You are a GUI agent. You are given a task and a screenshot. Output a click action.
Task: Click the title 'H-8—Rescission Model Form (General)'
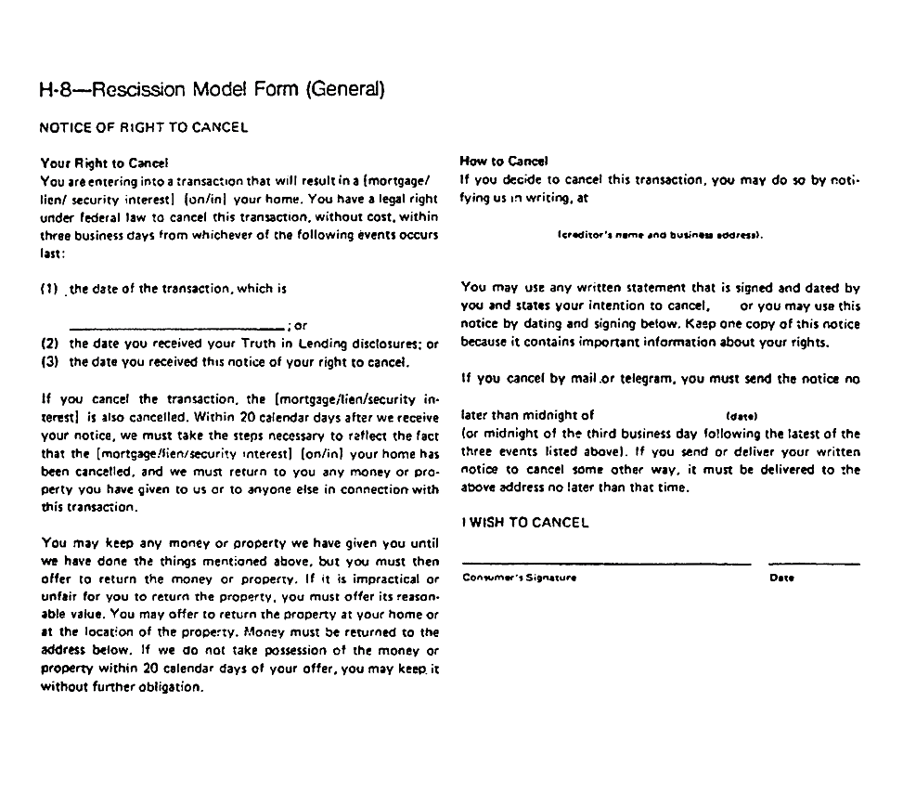(212, 90)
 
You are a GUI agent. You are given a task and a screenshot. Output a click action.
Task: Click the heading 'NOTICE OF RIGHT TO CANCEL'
(144, 127)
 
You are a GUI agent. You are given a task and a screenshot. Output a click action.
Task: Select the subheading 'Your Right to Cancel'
(104, 162)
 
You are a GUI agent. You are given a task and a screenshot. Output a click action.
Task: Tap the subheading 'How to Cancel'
(504, 161)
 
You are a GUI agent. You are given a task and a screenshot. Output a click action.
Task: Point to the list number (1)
(49, 289)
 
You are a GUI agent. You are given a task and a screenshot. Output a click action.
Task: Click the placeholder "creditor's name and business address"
(660, 235)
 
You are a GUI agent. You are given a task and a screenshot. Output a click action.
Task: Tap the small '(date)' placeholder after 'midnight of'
(741, 416)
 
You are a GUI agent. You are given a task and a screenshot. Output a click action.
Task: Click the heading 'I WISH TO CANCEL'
(524, 523)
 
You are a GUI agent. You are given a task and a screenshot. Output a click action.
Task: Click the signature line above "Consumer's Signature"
(606, 564)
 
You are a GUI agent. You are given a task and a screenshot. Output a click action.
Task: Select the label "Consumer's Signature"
(519, 578)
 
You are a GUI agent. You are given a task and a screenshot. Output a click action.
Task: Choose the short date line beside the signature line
(814, 564)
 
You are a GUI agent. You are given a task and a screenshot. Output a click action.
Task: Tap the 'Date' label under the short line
(781, 578)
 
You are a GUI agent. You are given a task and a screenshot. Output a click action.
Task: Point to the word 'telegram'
(648, 379)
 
